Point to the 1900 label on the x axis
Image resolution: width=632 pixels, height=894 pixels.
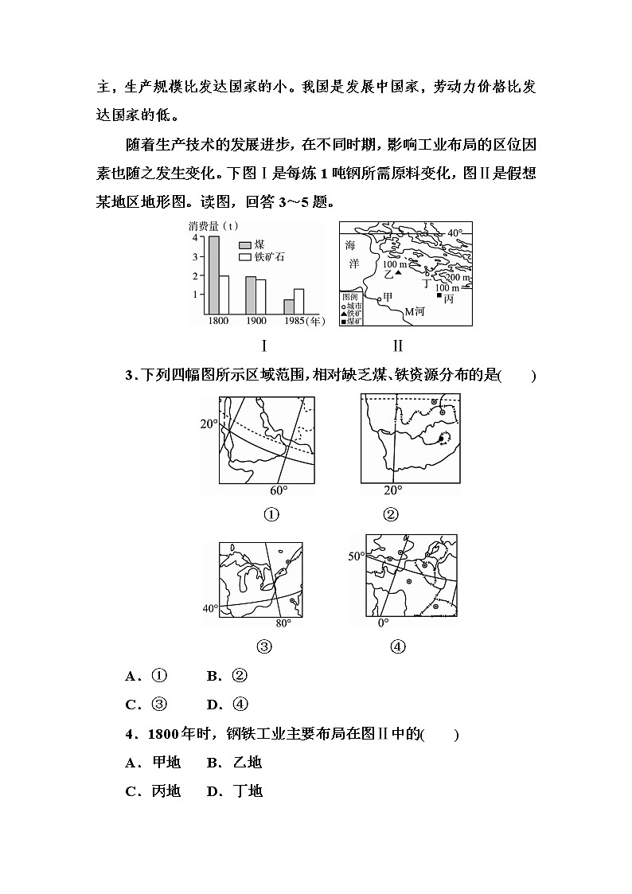coord(256,321)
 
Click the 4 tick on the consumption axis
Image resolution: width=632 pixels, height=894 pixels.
coord(194,237)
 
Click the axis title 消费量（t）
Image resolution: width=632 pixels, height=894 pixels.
coord(215,225)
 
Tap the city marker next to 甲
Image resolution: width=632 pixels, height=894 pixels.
coord(379,299)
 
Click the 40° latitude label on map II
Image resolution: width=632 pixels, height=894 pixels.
coord(454,232)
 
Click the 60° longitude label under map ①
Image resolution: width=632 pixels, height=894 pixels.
coord(279,490)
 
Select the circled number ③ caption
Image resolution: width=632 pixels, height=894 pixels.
coord(263,646)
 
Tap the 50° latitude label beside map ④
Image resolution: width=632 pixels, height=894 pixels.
coord(355,556)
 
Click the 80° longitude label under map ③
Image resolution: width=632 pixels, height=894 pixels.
coord(283,623)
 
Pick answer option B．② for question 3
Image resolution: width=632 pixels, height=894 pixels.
coord(228,676)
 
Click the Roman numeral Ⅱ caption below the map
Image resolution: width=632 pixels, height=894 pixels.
coord(398,345)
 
